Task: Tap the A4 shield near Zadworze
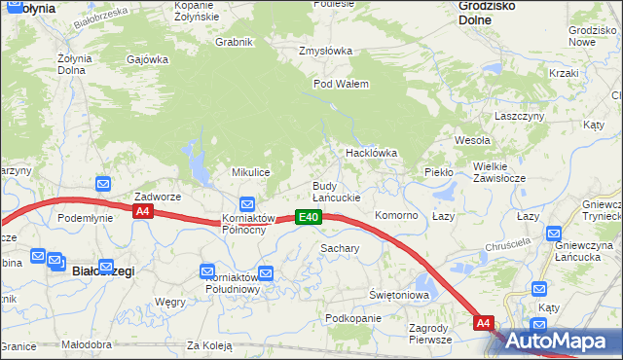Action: (143, 210)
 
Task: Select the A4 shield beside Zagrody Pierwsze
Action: (483, 322)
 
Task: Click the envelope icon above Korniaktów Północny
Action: (247, 203)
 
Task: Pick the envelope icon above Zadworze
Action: (103, 182)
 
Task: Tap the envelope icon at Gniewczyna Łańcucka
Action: (554, 233)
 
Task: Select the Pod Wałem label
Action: (341, 84)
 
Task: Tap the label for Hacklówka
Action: (372, 153)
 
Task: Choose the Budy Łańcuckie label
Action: (336, 192)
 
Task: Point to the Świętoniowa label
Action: (399, 294)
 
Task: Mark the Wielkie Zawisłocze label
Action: (499, 172)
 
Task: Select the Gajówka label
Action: (148, 59)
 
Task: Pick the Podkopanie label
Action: (352, 319)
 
